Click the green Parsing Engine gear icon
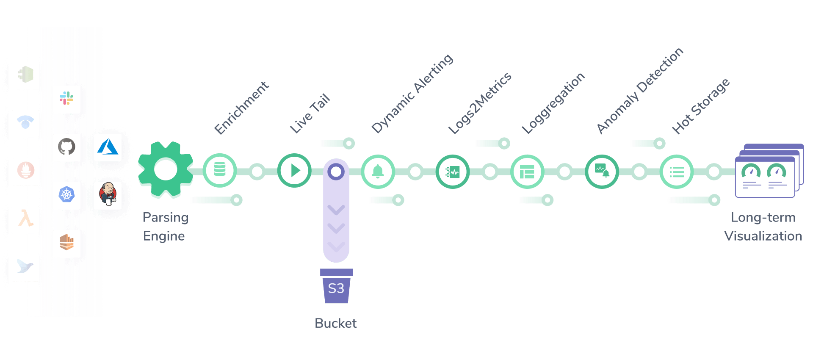pyautogui.click(x=166, y=169)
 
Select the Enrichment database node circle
pyautogui.click(x=220, y=170)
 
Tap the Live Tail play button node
pyautogui.click(x=294, y=170)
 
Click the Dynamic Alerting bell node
pyautogui.click(x=378, y=172)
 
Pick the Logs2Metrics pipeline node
pyautogui.click(x=453, y=172)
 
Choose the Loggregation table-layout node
pyautogui.click(x=527, y=172)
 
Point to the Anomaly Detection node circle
pyautogui.click(x=602, y=172)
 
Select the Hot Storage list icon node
pyautogui.click(x=677, y=172)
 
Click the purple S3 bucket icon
pyautogui.click(x=336, y=286)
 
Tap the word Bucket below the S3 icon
pyautogui.click(x=336, y=323)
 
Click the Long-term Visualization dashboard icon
pyautogui.click(x=769, y=171)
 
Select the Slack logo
pyautogui.click(x=66, y=98)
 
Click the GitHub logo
pyautogui.click(x=66, y=147)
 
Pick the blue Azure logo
pyautogui.click(x=108, y=147)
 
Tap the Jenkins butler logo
pyautogui.click(x=108, y=194)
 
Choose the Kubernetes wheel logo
pyautogui.click(x=66, y=194)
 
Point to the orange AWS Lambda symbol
pyautogui.click(x=26, y=218)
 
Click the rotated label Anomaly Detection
pyautogui.click(x=640, y=91)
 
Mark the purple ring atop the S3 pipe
pyautogui.click(x=336, y=172)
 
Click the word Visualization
pyautogui.click(x=763, y=236)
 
